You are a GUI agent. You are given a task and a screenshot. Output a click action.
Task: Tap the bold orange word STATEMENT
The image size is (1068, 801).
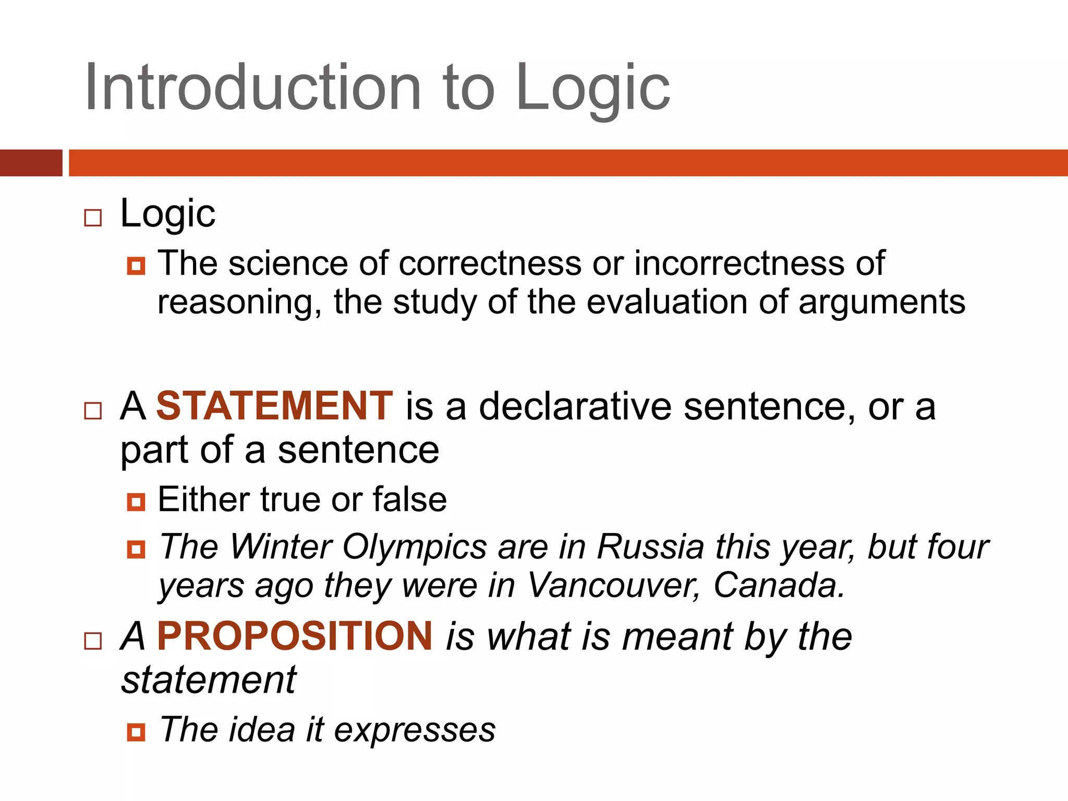click(274, 406)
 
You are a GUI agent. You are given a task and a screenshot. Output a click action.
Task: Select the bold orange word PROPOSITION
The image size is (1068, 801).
click(295, 637)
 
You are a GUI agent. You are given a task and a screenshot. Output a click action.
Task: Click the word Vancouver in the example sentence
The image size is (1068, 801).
click(613, 586)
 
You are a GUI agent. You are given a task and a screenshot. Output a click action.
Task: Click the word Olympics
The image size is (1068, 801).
click(415, 548)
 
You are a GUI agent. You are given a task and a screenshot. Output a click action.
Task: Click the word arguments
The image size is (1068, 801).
click(882, 302)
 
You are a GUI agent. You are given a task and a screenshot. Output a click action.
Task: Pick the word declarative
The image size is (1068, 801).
click(575, 406)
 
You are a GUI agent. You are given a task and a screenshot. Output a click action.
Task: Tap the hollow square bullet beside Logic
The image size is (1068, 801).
click(93, 217)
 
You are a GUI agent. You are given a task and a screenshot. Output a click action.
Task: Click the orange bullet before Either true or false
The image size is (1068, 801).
click(136, 502)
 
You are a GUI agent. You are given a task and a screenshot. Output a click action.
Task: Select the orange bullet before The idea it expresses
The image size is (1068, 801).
click(136, 732)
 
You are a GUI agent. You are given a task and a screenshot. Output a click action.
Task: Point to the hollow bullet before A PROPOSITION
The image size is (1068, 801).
click(93, 641)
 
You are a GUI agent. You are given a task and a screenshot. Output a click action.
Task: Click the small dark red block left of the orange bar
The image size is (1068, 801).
click(31, 163)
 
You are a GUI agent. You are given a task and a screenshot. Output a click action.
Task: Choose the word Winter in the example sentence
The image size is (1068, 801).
click(282, 547)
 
